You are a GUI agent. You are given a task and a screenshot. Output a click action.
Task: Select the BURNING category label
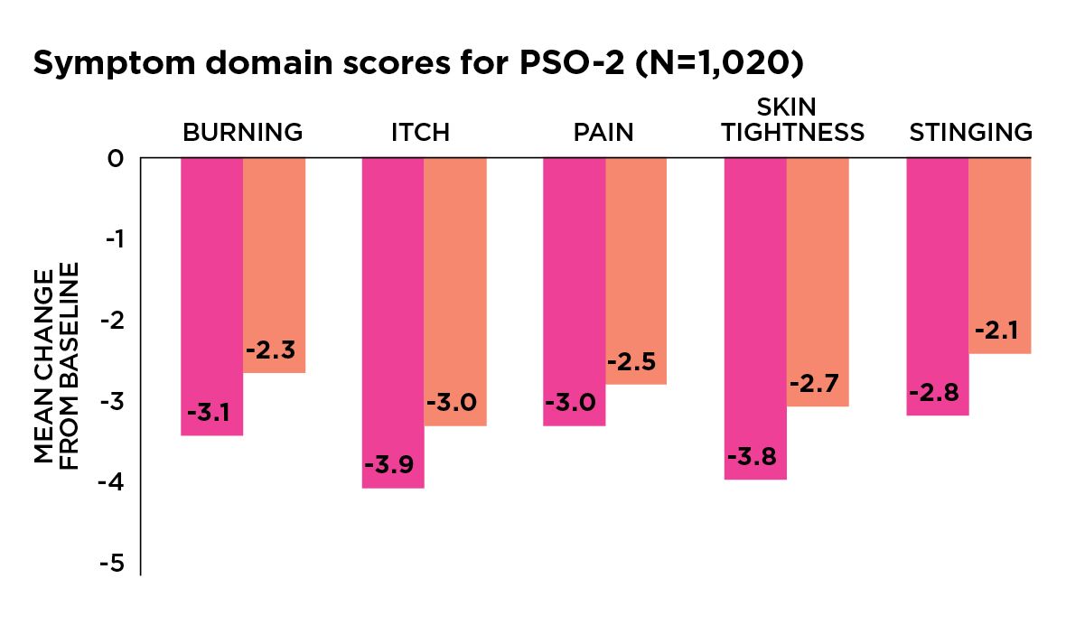pyautogui.click(x=242, y=133)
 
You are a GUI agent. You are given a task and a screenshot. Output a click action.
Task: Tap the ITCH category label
pyautogui.click(x=420, y=133)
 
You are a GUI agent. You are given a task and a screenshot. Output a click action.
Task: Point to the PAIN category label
pyautogui.click(x=603, y=133)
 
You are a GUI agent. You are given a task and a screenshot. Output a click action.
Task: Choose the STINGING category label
pyautogui.click(x=970, y=133)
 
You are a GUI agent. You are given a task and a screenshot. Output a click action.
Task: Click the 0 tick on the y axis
pyautogui.click(x=115, y=159)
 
